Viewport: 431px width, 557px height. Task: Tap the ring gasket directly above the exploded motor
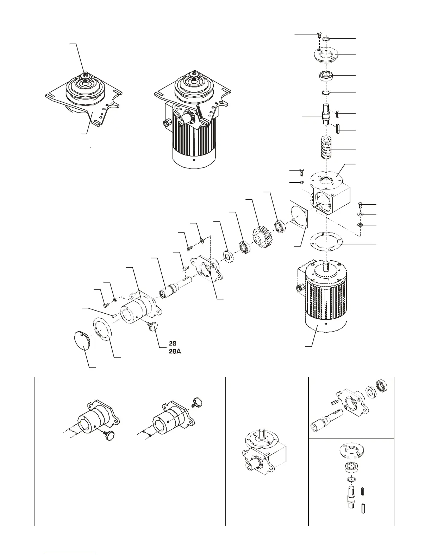click(x=326, y=242)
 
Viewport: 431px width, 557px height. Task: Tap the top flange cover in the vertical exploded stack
click(x=325, y=56)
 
